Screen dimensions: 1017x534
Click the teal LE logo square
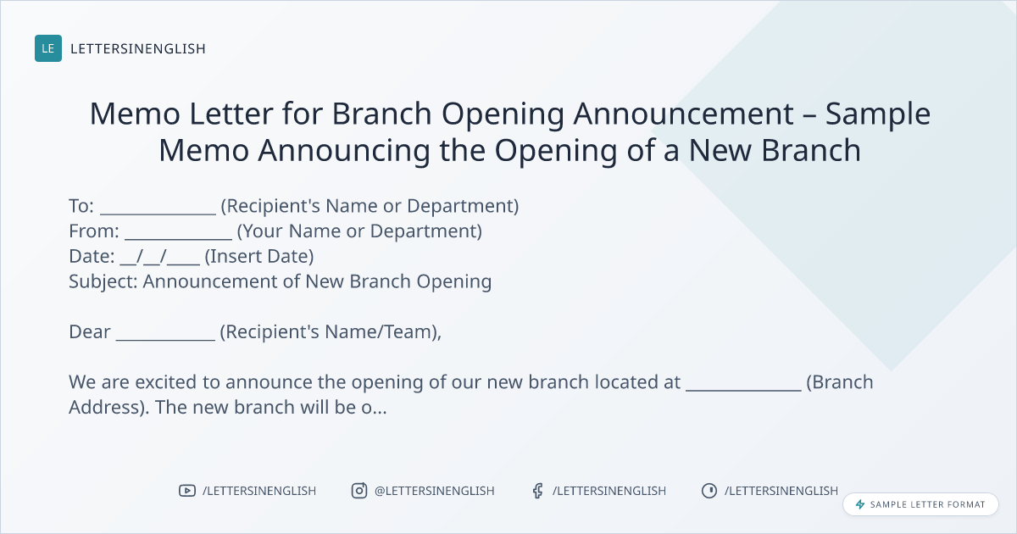click(48, 48)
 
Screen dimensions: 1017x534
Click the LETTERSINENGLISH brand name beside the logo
click(138, 48)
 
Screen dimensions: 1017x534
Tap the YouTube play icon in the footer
click(187, 491)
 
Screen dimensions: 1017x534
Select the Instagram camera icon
click(359, 491)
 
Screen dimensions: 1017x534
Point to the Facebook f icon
click(538, 491)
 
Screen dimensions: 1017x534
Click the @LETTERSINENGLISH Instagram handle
click(435, 491)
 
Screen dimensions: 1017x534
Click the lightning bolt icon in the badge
click(860, 504)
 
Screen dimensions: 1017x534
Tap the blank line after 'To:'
click(158, 214)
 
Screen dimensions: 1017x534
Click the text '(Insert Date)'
click(259, 257)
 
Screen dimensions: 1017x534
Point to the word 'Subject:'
click(103, 282)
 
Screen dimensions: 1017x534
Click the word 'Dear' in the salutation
click(90, 332)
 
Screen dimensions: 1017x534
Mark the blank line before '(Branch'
click(744, 390)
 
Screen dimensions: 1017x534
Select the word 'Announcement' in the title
click(683, 114)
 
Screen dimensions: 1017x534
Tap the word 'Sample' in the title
click(878, 114)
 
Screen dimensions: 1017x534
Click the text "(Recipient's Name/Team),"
click(331, 332)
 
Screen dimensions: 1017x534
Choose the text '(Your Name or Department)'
click(359, 231)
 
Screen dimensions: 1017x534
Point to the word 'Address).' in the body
click(109, 408)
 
